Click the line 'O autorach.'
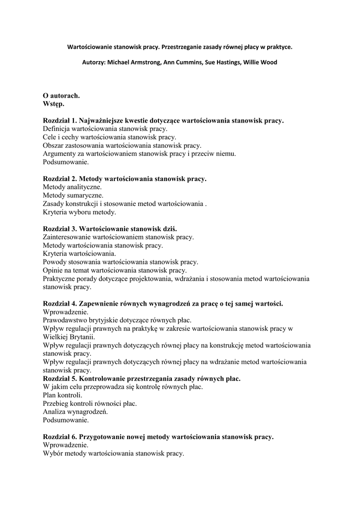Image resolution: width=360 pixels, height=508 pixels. click(x=61, y=95)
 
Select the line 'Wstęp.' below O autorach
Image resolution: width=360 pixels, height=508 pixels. click(x=54, y=104)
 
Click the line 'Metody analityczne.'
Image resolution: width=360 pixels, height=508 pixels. click(x=72, y=187)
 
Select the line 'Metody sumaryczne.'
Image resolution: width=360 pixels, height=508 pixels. click(x=73, y=195)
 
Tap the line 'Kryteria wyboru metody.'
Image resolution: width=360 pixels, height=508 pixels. click(x=79, y=212)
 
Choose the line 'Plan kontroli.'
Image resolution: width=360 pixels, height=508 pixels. click(x=63, y=395)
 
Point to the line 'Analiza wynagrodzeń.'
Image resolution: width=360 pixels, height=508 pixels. click(x=75, y=412)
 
